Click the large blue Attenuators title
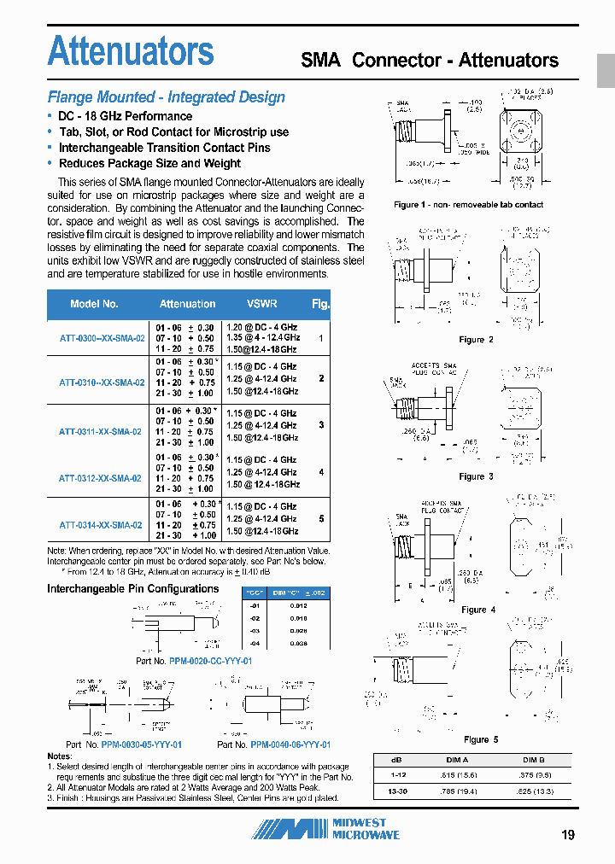[x=131, y=51]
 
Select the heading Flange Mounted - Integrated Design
[x=166, y=97]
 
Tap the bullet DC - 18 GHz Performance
[x=125, y=116]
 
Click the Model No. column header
[x=94, y=304]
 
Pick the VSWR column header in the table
[x=261, y=304]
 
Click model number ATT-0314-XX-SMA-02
[x=100, y=525]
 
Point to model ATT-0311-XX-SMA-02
[x=100, y=432]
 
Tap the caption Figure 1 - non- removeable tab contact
[x=468, y=205]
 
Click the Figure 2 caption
[x=476, y=340]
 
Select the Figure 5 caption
[x=480, y=739]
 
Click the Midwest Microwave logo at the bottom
[x=330, y=829]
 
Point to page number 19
[x=568, y=835]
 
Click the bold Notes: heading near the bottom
[x=60, y=756]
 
